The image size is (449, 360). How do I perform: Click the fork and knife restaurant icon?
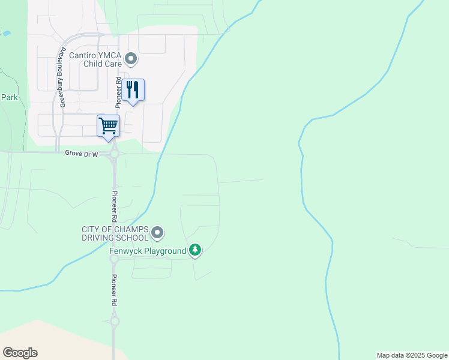tap(133, 90)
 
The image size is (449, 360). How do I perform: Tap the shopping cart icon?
tap(109, 126)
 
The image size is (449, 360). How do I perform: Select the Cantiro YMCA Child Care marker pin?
tap(131, 59)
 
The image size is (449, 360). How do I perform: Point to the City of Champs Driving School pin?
tap(157, 232)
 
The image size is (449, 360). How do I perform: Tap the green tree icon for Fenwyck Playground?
tap(195, 250)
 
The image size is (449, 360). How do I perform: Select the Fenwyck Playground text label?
tap(148, 251)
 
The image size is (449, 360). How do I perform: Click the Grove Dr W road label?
tap(81, 154)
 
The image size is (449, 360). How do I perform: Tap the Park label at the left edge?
tap(9, 97)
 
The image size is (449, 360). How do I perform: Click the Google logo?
tap(20, 353)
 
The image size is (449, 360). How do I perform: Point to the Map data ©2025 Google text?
tap(412, 355)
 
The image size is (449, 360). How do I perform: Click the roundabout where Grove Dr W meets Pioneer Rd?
tap(115, 154)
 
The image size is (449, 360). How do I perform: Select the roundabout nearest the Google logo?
tap(115, 322)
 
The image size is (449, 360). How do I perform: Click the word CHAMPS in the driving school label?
tap(128, 229)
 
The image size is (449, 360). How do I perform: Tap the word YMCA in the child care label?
tap(110, 55)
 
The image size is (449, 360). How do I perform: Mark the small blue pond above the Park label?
tap(7, 34)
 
